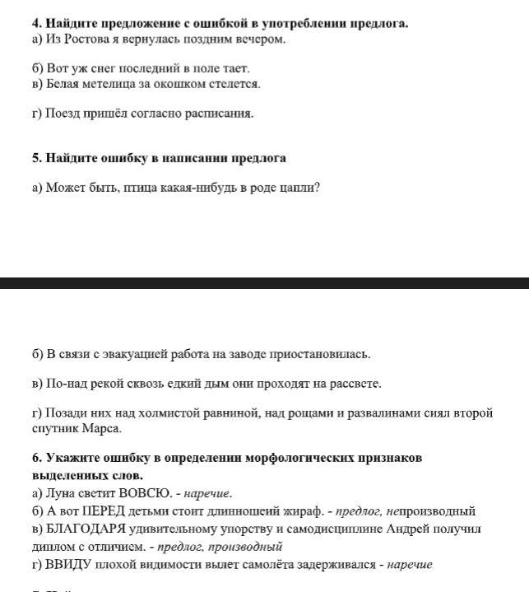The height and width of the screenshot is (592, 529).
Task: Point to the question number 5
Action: pos(37,158)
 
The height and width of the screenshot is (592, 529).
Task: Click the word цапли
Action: pos(299,188)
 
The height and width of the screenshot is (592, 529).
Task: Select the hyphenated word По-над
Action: pos(64,384)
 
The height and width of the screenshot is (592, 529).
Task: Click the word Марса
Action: pos(103,428)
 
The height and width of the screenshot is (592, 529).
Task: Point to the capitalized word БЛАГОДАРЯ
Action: pos(86,529)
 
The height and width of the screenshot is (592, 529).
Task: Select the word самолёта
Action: pos(281,565)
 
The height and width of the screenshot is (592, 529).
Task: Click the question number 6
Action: pos(37,458)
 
